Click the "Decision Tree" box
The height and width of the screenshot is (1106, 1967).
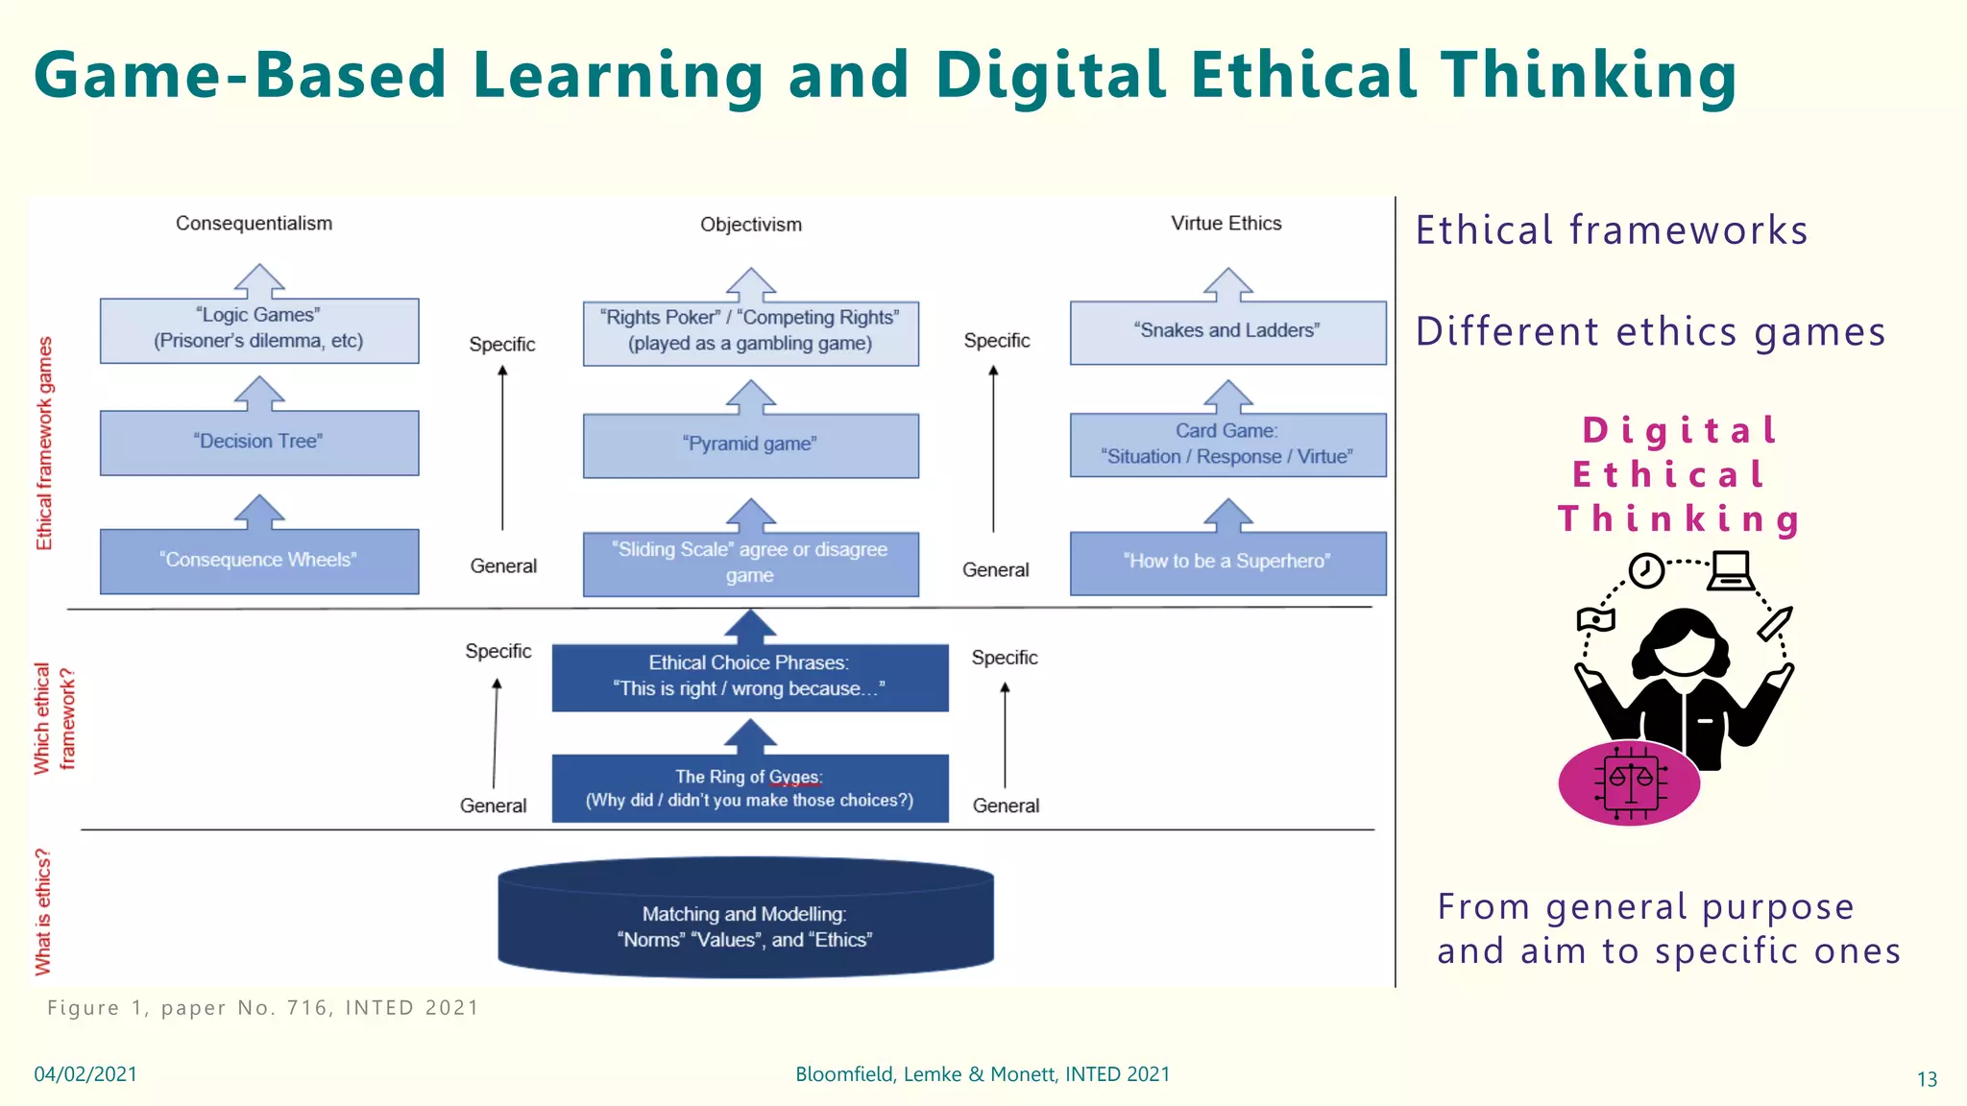pyautogui.click(x=259, y=443)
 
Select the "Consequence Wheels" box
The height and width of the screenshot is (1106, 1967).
pyautogui.click(x=259, y=561)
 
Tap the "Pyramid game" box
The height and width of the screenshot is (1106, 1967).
pyautogui.click(x=750, y=445)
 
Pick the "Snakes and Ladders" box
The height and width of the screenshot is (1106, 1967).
pyautogui.click(x=1227, y=332)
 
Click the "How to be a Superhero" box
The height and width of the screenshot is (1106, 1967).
pyautogui.click(x=1227, y=563)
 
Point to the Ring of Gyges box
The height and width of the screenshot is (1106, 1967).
pyautogui.click(x=750, y=788)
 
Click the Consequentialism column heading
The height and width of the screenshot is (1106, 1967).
pyautogui.click(x=254, y=224)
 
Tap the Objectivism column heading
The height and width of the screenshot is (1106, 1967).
pyautogui.click(x=750, y=225)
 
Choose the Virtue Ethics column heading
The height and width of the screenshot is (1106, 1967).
pyautogui.click(x=1226, y=224)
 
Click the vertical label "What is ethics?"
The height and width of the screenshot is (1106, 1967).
pyautogui.click(x=43, y=911)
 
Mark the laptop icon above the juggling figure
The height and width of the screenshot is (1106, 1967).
pyautogui.click(x=1731, y=571)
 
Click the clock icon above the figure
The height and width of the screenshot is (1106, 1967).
pyautogui.click(x=1646, y=570)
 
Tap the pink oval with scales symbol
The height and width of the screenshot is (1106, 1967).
pyautogui.click(x=1629, y=783)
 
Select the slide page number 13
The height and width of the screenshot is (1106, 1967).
pyautogui.click(x=1926, y=1079)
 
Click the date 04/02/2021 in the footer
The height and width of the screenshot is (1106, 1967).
pyautogui.click(x=85, y=1074)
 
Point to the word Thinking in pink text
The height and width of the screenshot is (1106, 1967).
pyautogui.click(x=1679, y=519)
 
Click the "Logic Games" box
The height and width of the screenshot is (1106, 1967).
pyautogui.click(x=259, y=329)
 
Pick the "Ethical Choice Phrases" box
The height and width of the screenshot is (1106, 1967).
pyautogui.click(x=750, y=677)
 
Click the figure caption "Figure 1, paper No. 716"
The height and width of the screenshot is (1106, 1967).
pyautogui.click(x=262, y=1008)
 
